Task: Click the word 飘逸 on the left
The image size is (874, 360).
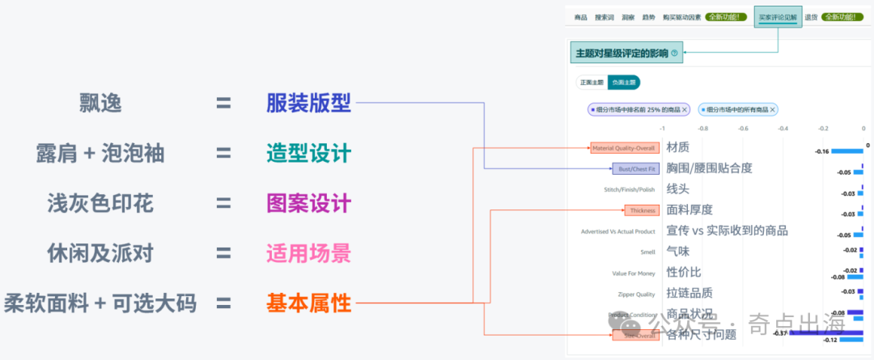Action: coord(100,103)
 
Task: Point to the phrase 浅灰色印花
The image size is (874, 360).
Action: coord(100,203)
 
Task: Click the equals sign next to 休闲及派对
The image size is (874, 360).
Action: coord(223,253)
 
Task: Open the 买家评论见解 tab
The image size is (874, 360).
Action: coord(778,17)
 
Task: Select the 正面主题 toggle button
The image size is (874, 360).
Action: coord(592,82)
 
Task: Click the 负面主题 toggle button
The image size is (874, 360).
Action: coord(623,82)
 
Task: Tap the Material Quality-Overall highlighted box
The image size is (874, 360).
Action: coord(624,148)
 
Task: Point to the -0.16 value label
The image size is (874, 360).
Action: coord(821,151)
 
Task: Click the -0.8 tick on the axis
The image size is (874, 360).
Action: coord(702,128)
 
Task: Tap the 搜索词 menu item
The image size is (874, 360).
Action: coord(605,17)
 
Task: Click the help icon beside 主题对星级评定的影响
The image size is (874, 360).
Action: coord(674,53)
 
